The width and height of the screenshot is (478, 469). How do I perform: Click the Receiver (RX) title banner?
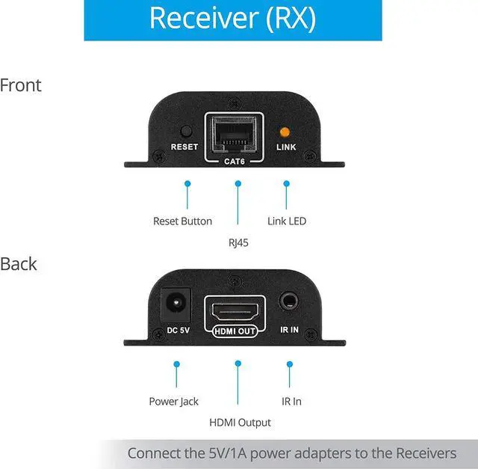pos(232,19)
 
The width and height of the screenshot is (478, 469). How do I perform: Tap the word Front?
pos(21,85)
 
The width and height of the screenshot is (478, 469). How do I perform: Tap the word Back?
pos(19,264)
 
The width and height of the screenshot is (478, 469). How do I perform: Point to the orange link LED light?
pos(285,130)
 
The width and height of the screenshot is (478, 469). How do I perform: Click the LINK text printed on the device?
pos(286,147)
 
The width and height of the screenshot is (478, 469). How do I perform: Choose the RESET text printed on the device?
pos(184,147)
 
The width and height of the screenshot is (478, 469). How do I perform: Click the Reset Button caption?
pos(182,221)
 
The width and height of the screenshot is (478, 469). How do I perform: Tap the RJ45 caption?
pos(238,242)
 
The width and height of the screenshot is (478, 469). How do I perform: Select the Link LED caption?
pos(287,221)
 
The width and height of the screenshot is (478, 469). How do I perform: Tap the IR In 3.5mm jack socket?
pos(289,301)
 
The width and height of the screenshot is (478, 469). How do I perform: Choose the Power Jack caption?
pos(174,402)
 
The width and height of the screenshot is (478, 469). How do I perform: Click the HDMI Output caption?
pos(240,423)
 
